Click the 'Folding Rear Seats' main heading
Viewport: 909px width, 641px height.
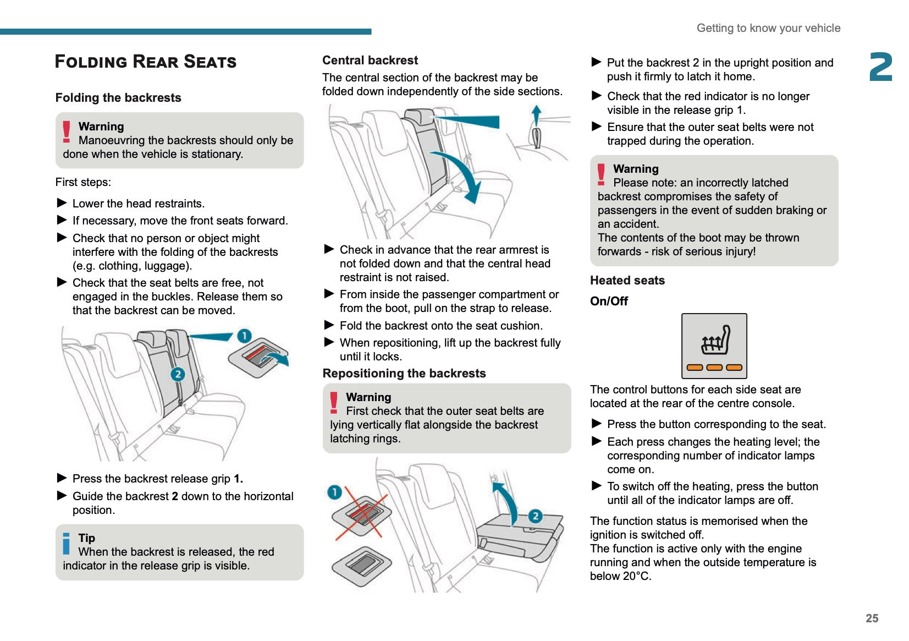click(146, 62)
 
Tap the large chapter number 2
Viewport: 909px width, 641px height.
click(880, 67)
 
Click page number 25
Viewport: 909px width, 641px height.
click(872, 618)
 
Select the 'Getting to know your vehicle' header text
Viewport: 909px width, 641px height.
click(768, 28)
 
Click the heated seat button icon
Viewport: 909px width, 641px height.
click(714, 346)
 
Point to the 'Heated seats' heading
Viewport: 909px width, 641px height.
click(627, 280)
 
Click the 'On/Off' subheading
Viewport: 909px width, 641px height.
click(609, 301)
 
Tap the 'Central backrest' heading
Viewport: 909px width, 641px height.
click(370, 60)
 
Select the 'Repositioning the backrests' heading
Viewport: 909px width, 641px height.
click(404, 373)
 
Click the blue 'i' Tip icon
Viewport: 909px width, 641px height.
click(67, 543)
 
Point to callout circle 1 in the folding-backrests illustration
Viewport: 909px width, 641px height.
click(244, 336)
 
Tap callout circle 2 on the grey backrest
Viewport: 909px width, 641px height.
click(177, 374)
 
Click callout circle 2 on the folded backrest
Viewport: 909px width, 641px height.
click(535, 516)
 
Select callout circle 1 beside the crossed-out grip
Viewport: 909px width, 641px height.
click(334, 492)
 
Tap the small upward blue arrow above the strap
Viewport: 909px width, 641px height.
click(537, 116)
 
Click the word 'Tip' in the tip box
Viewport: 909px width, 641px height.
click(86, 538)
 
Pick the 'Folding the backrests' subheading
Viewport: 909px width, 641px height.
click(118, 97)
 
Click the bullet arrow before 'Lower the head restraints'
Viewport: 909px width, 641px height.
click(62, 203)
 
